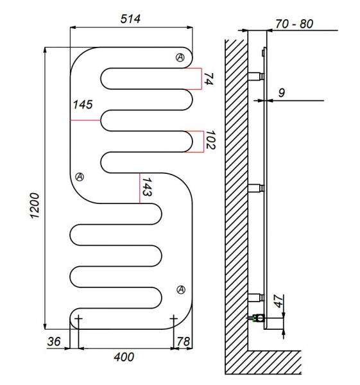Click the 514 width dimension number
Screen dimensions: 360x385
pos(130,19)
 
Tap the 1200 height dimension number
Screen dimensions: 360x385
pos(35,205)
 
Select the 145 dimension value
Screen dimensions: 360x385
pos(83,105)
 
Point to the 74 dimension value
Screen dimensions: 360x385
pos(209,79)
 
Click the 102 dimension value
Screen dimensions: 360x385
pos(210,140)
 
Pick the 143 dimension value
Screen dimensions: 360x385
pos(147,187)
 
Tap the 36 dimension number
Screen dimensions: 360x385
pos(54,341)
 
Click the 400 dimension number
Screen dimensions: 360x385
pos(124,357)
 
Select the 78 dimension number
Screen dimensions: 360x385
pos(184,341)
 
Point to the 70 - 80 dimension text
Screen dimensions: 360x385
pos(294,24)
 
